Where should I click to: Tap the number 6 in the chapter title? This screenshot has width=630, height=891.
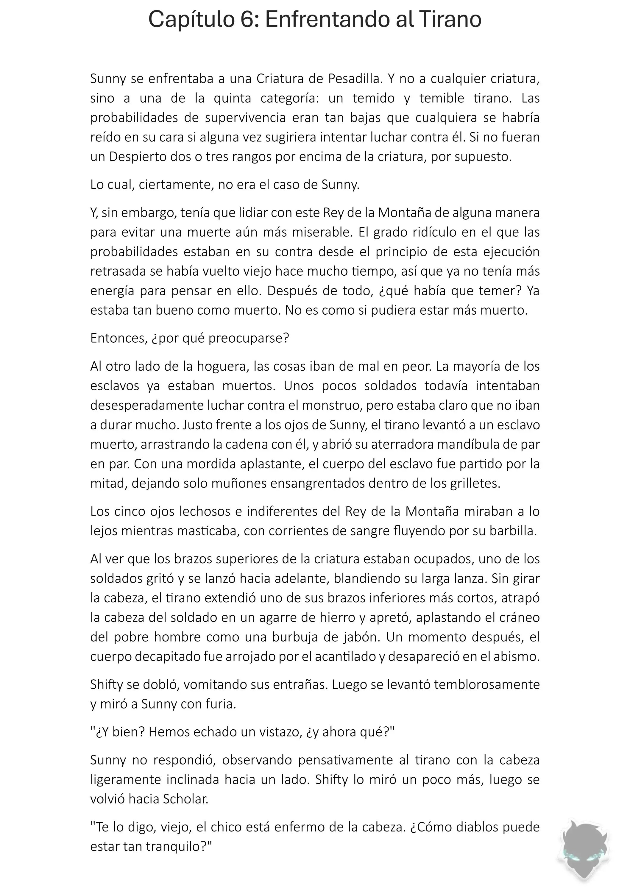(247, 19)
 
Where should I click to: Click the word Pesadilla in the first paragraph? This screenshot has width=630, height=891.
(355, 79)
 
